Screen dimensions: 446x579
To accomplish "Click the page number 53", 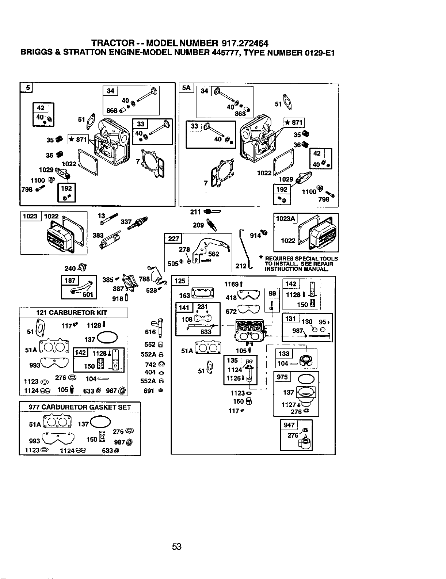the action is point(177,546).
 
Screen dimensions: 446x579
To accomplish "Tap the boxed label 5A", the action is point(186,88).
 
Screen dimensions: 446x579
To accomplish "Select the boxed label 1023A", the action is point(285,219).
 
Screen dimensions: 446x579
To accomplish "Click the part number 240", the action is point(70,268).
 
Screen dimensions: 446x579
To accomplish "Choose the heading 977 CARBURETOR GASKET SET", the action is point(80,407).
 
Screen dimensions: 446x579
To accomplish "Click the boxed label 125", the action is point(180,281).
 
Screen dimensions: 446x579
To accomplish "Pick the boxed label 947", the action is point(289,425).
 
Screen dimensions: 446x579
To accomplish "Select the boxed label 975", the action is point(282,377).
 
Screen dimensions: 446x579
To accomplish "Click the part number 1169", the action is point(231,284).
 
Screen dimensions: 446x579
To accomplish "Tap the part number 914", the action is point(255,236).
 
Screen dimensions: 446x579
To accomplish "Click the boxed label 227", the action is point(173,238).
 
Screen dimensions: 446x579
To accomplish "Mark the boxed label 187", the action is point(70,280).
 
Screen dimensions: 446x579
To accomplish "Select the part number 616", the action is point(150,332).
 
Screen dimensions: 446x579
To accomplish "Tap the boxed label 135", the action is point(232,361).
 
